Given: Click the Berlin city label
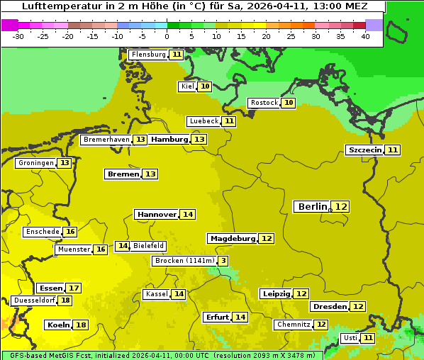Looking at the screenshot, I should (x=313, y=206).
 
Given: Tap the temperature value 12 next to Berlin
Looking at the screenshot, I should (x=342, y=206).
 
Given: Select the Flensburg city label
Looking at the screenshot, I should (x=148, y=55).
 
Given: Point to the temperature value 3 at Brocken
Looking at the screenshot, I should (x=223, y=261).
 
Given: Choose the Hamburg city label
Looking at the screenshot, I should (x=169, y=140).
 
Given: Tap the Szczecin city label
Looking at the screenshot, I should (x=364, y=150).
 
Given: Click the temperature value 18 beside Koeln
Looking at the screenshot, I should (x=81, y=325).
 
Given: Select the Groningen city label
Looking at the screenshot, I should (x=35, y=163).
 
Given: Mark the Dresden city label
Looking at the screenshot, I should (x=329, y=307).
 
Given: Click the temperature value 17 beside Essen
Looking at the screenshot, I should (x=73, y=288).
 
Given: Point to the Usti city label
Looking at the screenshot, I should (x=350, y=338).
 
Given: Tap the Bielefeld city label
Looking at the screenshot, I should (x=149, y=246).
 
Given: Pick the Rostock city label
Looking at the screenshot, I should (x=264, y=103).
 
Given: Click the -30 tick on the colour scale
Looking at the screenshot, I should (x=18, y=36).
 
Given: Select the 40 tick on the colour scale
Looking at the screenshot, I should (x=365, y=36).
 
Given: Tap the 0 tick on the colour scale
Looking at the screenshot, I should (x=167, y=36).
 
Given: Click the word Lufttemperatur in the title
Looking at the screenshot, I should (x=55, y=6).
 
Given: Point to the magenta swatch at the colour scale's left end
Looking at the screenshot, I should (x=9, y=25).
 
